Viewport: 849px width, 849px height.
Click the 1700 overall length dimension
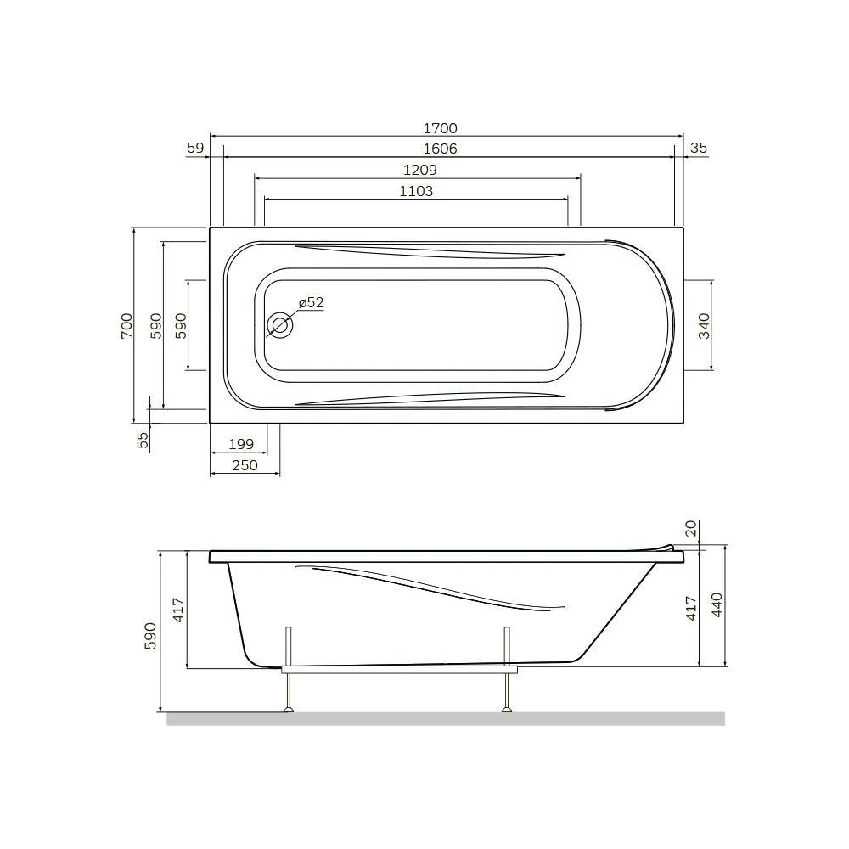coord(440,128)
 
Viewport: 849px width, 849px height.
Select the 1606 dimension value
coord(440,149)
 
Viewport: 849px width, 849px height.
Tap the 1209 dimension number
coord(419,170)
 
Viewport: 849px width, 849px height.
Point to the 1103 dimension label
coord(416,191)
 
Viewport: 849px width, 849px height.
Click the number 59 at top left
coord(195,148)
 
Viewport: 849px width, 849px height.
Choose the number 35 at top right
coord(699,148)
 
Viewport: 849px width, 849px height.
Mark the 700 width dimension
coord(127,326)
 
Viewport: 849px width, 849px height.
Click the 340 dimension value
coord(704,326)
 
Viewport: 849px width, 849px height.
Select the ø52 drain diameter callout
coord(312,303)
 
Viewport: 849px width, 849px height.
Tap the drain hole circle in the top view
coord(280,326)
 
